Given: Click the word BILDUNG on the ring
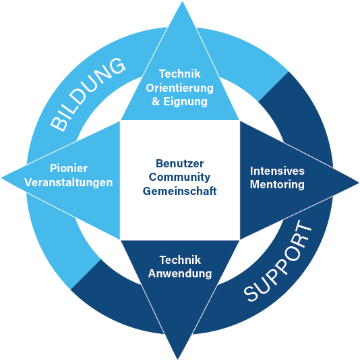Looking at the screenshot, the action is click(88, 94).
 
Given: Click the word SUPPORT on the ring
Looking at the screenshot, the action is click(278, 261).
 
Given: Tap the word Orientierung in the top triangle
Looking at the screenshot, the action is click(179, 88).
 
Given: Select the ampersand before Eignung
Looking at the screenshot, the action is click(156, 101).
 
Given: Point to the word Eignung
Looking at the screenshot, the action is click(185, 102).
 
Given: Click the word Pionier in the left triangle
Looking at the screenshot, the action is click(69, 168).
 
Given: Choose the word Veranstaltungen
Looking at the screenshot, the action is click(69, 183).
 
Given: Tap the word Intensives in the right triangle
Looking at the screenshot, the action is click(277, 171).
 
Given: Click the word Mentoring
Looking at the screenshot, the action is click(277, 185).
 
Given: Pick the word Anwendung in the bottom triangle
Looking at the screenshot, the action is click(180, 274).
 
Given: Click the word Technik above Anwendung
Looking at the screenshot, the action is click(180, 260).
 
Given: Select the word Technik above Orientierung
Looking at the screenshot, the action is click(179, 74).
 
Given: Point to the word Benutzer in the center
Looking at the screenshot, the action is click(179, 164).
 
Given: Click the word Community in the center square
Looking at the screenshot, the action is click(179, 177).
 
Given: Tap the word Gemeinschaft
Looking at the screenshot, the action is click(179, 192).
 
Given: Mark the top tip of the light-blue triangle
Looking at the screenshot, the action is click(183, 1).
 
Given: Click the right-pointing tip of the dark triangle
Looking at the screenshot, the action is click(359, 183).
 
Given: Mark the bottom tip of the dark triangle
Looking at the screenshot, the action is click(178, 359).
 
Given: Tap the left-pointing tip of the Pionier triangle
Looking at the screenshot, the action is click(2, 178).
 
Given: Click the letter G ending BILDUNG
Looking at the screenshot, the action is click(117, 65).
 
